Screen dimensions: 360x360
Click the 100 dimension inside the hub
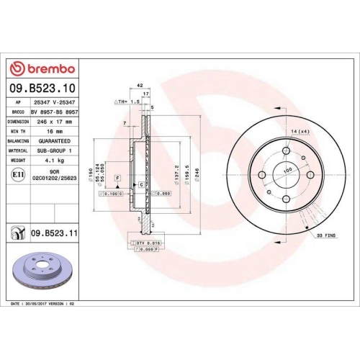click(x=287, y=171)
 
